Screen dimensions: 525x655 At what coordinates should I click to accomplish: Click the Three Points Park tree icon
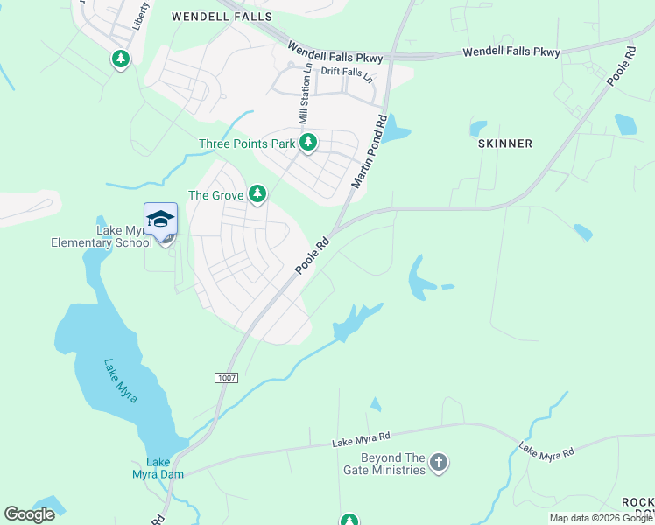[x=307, y=143]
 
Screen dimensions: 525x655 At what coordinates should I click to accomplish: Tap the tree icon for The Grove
[x=257, y=194]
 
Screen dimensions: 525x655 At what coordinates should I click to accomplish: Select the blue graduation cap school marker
[x=160, y=220]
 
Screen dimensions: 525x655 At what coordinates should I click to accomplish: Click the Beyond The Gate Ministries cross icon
[x=439, y=463]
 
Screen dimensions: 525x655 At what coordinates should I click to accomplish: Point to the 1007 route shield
[x=226, y=376]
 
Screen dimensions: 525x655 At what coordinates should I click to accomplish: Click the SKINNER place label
[x=506, y=143]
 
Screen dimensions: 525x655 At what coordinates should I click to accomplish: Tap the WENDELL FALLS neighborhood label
[x=222, y=17]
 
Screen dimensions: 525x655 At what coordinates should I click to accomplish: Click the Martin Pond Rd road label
[x=368, y=152]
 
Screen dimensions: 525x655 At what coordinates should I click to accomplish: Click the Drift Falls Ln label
[x=347, y=73]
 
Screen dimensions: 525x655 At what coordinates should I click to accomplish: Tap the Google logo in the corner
[x=29, y=514]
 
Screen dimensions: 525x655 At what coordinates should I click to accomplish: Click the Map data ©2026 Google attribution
[x=601, y=518]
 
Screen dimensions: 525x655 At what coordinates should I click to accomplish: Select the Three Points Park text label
[x=247, y=143]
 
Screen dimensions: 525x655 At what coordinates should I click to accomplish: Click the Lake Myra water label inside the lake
[x=120, y=380]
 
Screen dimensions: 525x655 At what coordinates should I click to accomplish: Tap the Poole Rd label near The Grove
[x=312, y=255]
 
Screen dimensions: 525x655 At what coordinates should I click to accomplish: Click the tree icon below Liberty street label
[x=120, y=59]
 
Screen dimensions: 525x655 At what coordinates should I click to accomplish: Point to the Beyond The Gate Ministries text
[x=392, y=464]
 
